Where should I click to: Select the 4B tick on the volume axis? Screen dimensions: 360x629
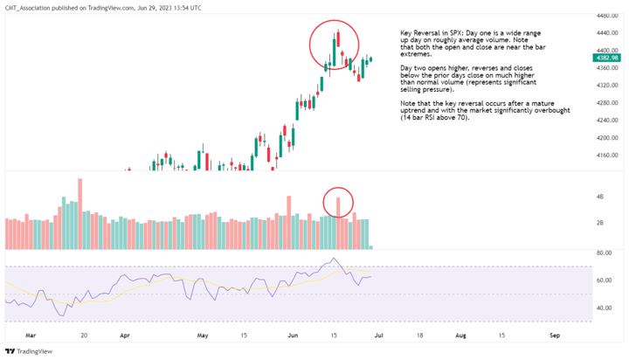(x=600, y=197)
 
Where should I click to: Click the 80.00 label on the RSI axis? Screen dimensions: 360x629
(x=603, y=253)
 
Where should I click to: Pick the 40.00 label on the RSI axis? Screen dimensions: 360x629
(x=603, y=308)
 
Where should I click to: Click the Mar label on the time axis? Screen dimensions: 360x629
(x=31, y=334)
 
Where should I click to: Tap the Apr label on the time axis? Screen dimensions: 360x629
(x=125, y=334)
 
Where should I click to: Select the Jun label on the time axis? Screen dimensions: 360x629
(x=291, y=334)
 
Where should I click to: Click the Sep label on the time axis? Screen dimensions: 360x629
(x=554, y=334)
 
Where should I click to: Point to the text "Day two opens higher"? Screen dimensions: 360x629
(x=434, y=67)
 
